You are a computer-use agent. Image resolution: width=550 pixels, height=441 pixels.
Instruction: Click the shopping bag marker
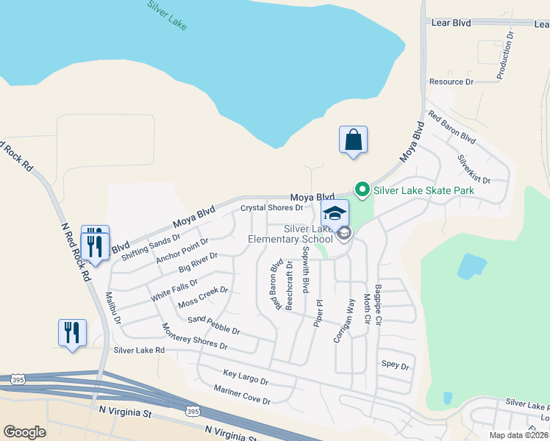[x=353, y=140]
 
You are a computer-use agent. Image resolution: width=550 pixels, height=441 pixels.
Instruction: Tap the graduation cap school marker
[x=335, y=214]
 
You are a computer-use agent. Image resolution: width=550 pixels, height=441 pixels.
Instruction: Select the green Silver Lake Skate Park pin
[x=362, y=190]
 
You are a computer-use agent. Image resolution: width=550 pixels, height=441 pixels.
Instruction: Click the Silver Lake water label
[x=167, y=15]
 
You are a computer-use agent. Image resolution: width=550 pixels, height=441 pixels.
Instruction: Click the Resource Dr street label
[x=451, y=82]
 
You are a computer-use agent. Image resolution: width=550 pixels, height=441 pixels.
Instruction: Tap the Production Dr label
[x=504, y=55]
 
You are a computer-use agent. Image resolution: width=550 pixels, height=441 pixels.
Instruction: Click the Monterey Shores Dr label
[x=194, y=336]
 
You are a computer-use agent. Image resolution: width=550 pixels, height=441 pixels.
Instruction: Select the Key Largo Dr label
[x=246, y=378]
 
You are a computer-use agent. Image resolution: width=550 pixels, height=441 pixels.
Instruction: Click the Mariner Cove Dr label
[x=242, y=395]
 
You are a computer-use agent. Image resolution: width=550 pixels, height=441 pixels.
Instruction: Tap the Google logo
[x=24, y=432]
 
